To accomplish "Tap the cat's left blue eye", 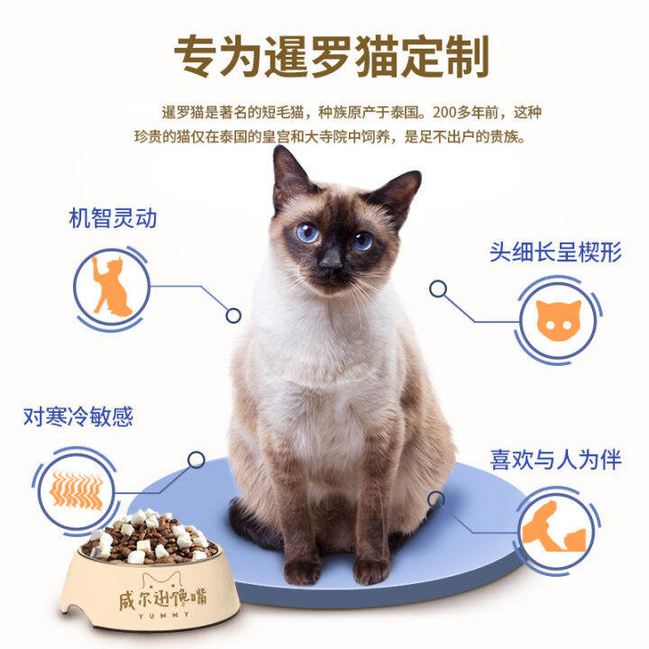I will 308,233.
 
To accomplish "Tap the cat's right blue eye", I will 361,241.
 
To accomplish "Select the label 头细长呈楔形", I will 555,251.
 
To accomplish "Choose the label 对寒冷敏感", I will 78,416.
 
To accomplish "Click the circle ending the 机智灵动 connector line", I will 233,315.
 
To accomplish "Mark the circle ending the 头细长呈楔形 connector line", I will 438,289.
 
